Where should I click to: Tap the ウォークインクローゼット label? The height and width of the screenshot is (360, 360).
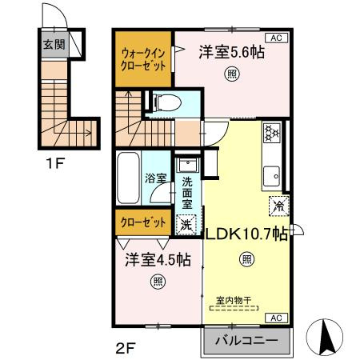(x=144, y=59)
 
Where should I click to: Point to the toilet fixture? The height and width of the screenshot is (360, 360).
(x=166, y=102)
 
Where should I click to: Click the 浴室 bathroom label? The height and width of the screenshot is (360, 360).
(x=155, y=178)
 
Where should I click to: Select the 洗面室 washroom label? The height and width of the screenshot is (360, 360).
(x=186, y=193)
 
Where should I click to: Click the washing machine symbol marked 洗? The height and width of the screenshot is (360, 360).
(x=186, y=226)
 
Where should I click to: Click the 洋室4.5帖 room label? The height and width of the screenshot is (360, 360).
(x=157, y=260)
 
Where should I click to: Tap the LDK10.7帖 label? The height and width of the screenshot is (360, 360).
(x=247, y=234)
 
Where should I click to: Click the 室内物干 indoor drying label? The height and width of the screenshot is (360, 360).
(x=234, y=300)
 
